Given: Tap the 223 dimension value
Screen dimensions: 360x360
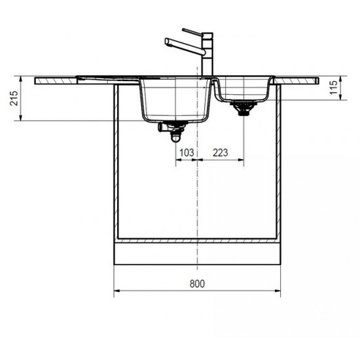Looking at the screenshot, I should click(221, 153).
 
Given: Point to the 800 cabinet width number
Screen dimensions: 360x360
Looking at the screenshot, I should click(198, 283).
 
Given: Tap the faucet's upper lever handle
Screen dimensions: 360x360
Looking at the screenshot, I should click(193, 31).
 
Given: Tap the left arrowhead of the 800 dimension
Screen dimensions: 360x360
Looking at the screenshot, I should click(117, 293).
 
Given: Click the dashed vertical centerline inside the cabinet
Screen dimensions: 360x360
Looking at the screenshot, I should click(197, 196).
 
